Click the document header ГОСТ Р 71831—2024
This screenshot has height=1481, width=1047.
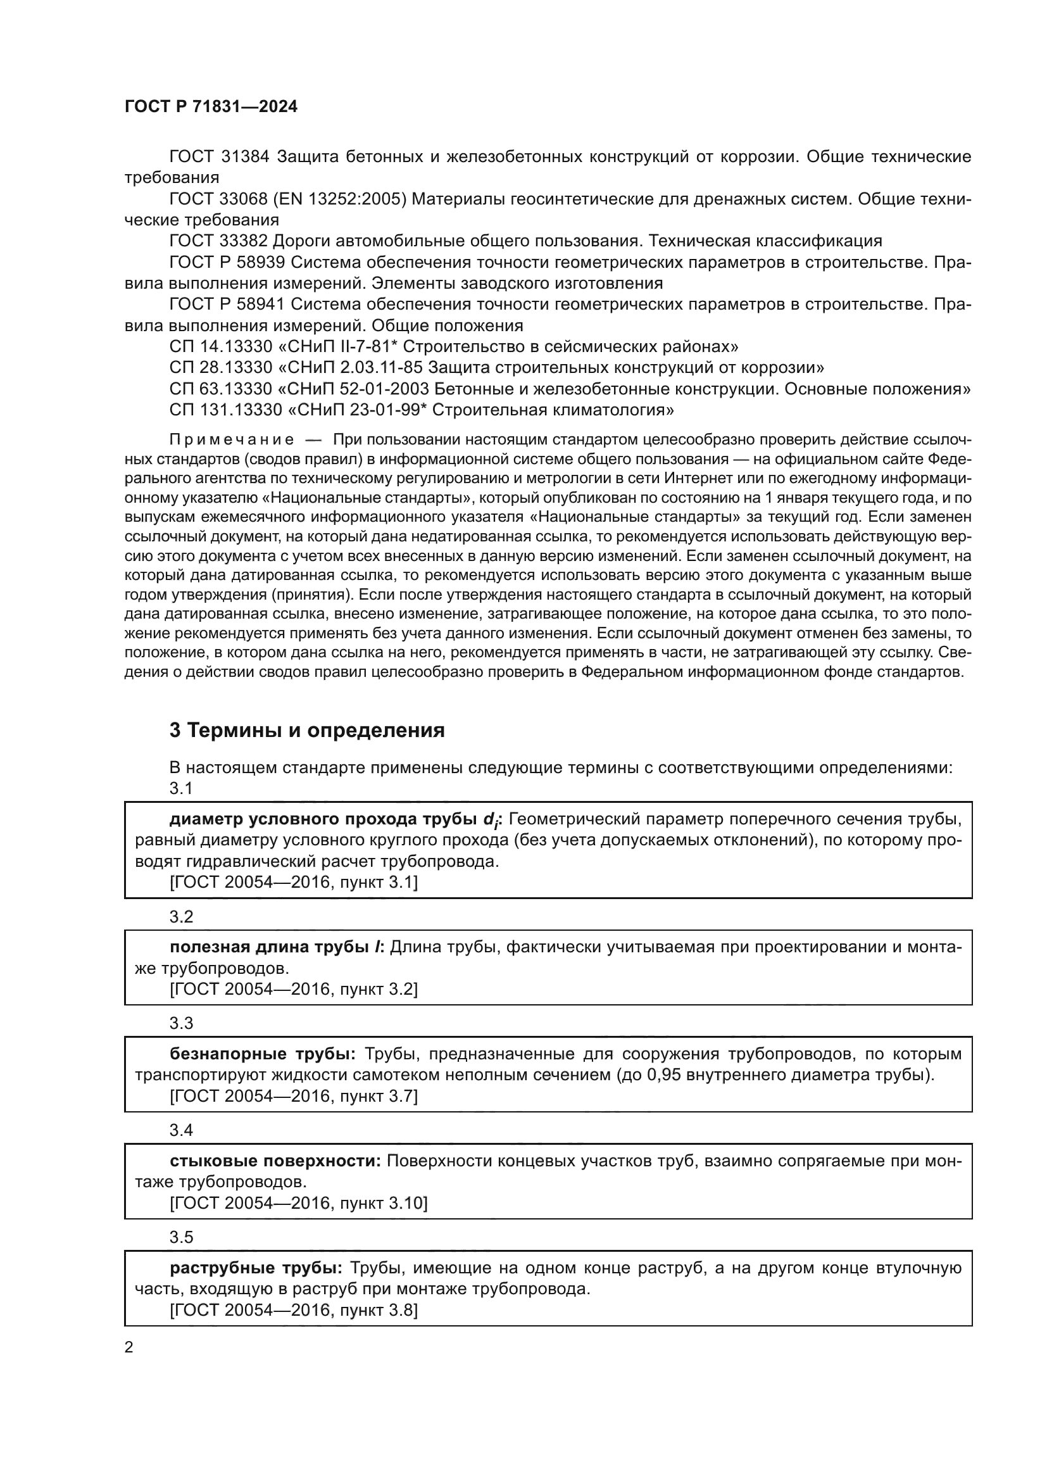coord(211,107)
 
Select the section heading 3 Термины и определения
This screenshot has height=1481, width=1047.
coord(307,730)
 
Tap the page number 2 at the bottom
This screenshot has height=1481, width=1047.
coord(129,1347)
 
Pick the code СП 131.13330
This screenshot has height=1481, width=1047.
coord(225,410)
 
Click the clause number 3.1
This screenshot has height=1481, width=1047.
coord(181,788)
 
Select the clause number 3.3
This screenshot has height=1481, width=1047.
coord(181,1024)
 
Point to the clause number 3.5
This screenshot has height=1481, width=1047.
coord(181,1237)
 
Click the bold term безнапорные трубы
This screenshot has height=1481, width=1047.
coord(263,1054)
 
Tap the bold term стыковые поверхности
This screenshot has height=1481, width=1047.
coord(276,1161)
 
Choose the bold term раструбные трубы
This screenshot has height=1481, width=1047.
coord(256,1268)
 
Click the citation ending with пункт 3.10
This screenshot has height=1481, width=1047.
coord(299,1203)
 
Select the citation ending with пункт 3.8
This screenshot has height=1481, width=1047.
coord(293,1310)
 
